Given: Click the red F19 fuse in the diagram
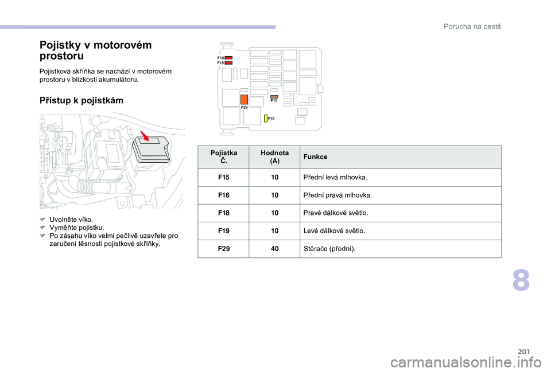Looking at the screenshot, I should (228, 58).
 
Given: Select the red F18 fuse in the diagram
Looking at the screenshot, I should (228, 62).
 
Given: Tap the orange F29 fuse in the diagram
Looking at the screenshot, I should (244, 99).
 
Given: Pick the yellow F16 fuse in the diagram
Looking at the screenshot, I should (266, 118).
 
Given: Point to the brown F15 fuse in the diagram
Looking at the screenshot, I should (274, 97).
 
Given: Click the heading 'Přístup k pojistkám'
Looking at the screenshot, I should (81, 101).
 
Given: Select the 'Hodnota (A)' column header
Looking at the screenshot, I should (274, 156).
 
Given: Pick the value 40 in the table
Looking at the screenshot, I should (274, 249).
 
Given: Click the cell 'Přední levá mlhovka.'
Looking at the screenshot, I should (335, 178).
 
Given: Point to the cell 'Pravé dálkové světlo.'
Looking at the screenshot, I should (336, 213).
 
